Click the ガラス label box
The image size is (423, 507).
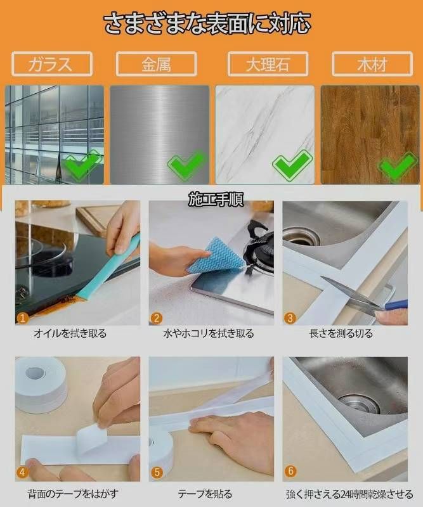click(x=52, y=64)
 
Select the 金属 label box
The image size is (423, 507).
click(x=156, y=64)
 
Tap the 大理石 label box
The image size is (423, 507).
click(x=268, y=64)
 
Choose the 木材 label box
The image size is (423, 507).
click(x=372, y=64)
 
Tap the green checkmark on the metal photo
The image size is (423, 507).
click(x=187, y=165)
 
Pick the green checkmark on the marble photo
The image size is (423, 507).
click(x=292, y=165)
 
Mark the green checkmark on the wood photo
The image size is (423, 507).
click(x=398, y=165)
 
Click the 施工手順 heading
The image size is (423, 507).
click(x=216, y=199)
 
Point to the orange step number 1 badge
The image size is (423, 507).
click(x=22, y=319)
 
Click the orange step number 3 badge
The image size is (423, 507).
click(x=290, y=319)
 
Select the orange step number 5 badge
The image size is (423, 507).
click(x=157, y=472)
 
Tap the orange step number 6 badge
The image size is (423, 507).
click(x=290, y=471)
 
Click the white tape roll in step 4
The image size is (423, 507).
click(x=41, y=385)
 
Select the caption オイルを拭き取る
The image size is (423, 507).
click(x=70, y=333)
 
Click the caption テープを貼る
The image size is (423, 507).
click(x=205, y=494)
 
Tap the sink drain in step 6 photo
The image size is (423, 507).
click(x=358, y=402)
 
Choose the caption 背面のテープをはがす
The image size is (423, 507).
click(x=73, y=494)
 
